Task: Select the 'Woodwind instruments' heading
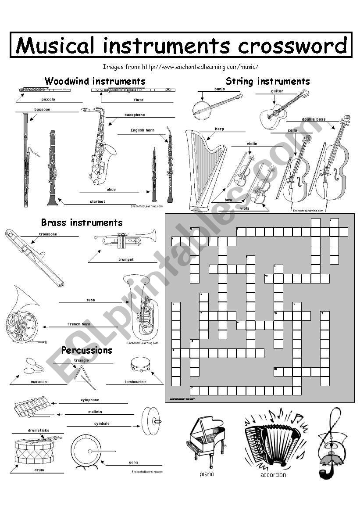pos(95,81)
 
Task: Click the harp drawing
pos(204,169)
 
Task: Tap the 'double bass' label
pos(314,119)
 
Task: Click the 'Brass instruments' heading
pos(82,222)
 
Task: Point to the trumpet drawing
pos(125,240)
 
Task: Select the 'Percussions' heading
pos(86,350)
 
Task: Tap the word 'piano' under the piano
pos(207,474)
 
